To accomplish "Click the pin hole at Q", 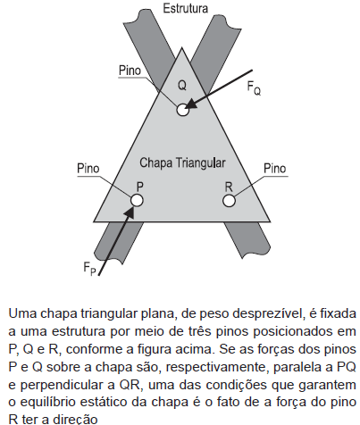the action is coord(182,110).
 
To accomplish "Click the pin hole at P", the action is coord(137,200).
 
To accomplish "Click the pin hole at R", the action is coord(229,200).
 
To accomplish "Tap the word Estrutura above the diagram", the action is coord(185,8).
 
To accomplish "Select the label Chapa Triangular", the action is coord(182,162).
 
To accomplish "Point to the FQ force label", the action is coord(254,88).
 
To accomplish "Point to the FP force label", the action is coord(90,269).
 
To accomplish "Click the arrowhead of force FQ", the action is coord(189,105).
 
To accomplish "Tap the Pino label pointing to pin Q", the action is coord(130,71).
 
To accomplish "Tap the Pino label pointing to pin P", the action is coord(88,169).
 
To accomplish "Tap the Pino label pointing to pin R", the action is coord(275,169).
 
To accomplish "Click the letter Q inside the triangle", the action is coord(182,86).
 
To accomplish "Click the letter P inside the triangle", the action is coord(139,187).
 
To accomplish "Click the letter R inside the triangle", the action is coord(229,187).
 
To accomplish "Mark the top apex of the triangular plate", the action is coord(181,47).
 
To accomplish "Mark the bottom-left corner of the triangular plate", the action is coord(94,221).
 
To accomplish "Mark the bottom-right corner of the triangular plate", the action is coord(270,221).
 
